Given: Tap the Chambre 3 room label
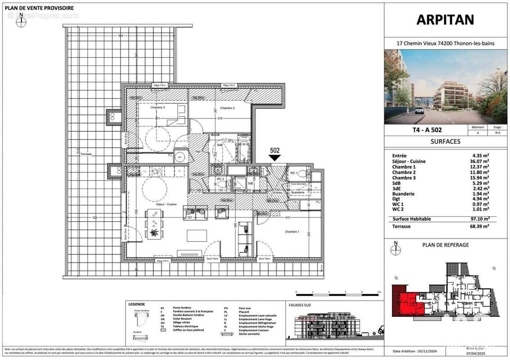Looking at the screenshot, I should click(x=157, y=108).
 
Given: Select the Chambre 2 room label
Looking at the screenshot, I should click(x=228, y=108).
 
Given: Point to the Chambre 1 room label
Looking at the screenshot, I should click(x=292, y=231).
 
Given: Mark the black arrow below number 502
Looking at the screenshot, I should click(x=274, y=158).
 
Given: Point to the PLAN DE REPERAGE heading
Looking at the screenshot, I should click(x=445, y=245).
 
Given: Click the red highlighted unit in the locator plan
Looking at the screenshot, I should click(x=407, y=302).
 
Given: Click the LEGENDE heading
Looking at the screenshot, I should click(x=137, y=304).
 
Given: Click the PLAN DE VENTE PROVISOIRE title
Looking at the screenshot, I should click(x=40, y=8).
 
